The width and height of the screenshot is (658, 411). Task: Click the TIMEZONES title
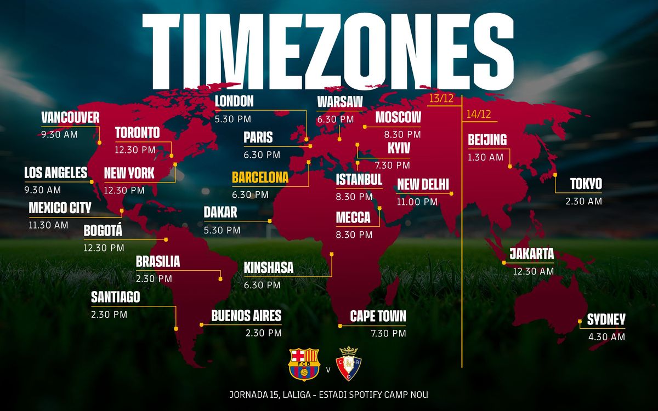click(328, 49)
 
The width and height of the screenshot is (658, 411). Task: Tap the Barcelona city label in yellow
click(260, 178)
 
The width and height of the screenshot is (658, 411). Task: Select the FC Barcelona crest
click(300, 364)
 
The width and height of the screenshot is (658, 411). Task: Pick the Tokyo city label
click(586, 184)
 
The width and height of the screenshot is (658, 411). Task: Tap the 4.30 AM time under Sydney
click(606, 337)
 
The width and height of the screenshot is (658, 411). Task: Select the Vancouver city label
click(70, 117)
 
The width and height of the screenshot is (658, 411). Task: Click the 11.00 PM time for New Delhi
click(417, 202)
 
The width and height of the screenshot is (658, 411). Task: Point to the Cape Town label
click(378, 316)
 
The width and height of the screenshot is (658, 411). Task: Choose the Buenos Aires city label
click(246, 316)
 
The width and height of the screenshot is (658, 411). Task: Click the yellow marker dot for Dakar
click(270, 221)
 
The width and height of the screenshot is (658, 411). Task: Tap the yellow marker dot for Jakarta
click(505, 262)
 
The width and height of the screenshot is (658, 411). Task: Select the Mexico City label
click(60, 208)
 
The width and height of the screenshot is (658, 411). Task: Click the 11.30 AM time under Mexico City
click(48, 225)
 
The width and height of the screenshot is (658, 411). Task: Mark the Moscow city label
click(398, 117)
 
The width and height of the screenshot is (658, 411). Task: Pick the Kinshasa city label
click(269, 268)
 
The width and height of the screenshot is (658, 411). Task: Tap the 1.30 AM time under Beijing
click(485, 157)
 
